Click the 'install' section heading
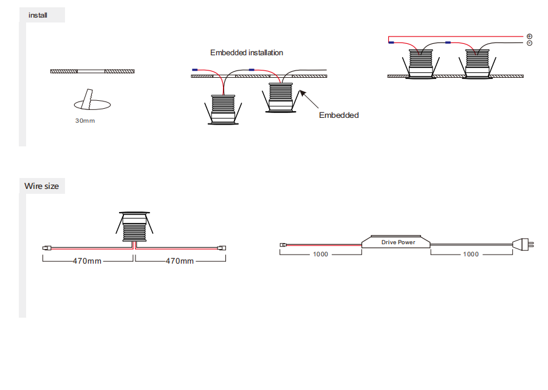pyautogui.click(x=38, y=15)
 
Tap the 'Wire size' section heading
pyautogui.click(x=41, y=186)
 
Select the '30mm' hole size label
pyautogui.click(x=85, y=120)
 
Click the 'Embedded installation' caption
pyautogui.click(x=247, y=53)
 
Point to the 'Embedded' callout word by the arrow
pyautogui.click(x=339, y=115)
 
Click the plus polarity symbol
pyautogui.click(x=529, y=36)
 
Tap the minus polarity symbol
pyautogui.click(x=529, y=43)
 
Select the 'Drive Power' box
pyautogui.click(x=398, y=242)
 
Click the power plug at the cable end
pyautogui.click(x=524, y=245)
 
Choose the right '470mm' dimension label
pyautogui.click(x=180, y=261)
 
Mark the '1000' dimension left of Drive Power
pyautogui.click(x=320, y=254)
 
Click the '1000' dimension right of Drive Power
pyautogui.click(x=471, y=254)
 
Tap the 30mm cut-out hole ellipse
pyautogui.click(x=92, y=104)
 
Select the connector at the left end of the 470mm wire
pyautogui.click(x=46, y=248)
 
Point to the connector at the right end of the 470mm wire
pyautogui.click(x=222, y=248)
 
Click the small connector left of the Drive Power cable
pyautogui.click(x=284, y=245)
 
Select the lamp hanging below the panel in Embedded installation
pyautogui.click(x=223, y=109)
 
